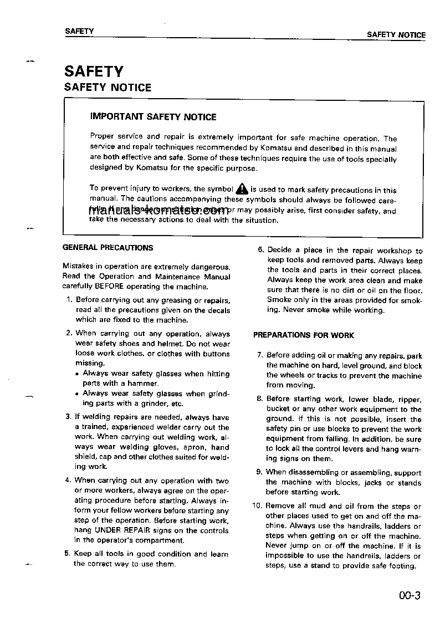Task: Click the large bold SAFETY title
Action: coord(94,71)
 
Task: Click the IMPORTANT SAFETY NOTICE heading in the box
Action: coord(153,117)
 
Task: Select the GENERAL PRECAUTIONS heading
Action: coord(108,248)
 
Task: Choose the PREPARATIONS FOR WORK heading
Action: coord(303,335)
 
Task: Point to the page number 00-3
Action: coord(410,597)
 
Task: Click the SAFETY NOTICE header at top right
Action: coord(396,34)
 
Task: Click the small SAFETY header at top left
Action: coord(79,31)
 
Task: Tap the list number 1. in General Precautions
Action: coord(69,300)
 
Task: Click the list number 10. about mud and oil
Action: coord(257,506)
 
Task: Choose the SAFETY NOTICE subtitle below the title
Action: coord(108,88)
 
